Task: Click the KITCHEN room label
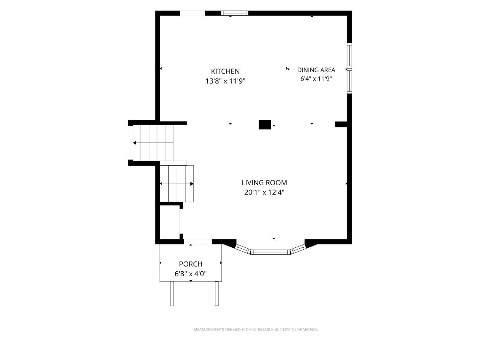tap(225, 71)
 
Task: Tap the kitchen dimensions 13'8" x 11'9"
tap(225, 81)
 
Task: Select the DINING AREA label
tap(316, 70)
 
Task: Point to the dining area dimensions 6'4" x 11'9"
tap(316, 79)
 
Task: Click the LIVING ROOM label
tap(264, 182)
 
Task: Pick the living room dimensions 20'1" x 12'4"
tap(264, 192)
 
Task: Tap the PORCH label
tap(190, 264)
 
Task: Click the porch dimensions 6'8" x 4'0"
tap(190, 274)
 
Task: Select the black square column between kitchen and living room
tap(265, 125)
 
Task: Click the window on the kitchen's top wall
tap(235, 13)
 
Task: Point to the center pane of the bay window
tap(270, 252)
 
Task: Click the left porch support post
tap(172, 293)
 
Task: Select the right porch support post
tap(217, 293)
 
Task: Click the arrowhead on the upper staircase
tap(135, 143)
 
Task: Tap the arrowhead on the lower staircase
tap(192, 184)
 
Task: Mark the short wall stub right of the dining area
tap(341, 124)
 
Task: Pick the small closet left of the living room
tap(170, 222)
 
